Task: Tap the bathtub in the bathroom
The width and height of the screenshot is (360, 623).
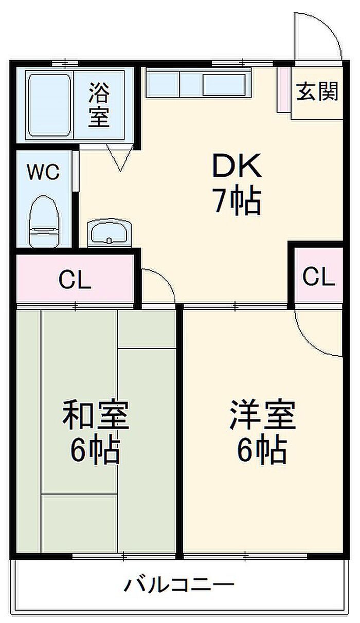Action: tap(49, 105)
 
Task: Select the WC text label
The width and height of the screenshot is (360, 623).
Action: tap(44, 173)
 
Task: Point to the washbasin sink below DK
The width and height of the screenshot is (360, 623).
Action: tap(109, 233)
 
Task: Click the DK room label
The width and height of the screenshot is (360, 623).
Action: tap(237, 166)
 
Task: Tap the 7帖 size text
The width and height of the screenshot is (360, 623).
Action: tap(237, 201)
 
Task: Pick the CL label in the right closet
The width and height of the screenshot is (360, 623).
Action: tap(319, 277)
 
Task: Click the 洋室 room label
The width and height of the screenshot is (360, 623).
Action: tap(262, 416)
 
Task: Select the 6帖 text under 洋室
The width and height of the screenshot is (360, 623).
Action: tap(262, 451)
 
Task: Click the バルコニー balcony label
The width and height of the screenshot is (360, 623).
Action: tap(179, 585)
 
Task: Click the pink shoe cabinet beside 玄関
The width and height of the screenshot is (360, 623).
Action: tap(283, 89)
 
